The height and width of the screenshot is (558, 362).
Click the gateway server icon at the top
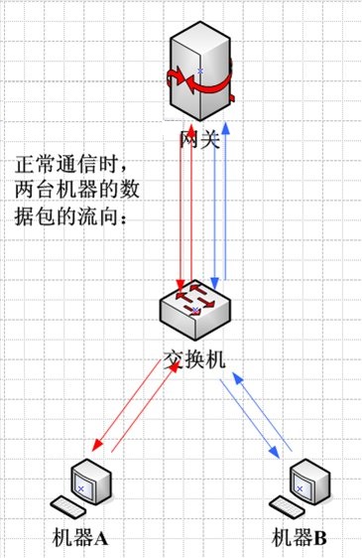point(199,65)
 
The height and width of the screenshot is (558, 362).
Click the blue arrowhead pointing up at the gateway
point(227,128)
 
